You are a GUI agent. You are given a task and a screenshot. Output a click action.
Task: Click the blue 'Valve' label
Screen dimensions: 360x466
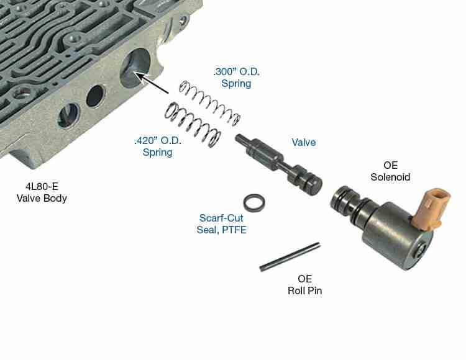(304, 143)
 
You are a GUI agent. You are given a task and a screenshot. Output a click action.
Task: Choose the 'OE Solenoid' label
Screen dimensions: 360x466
(390, 171)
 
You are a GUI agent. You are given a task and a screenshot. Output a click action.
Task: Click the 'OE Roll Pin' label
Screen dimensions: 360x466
(305, 284)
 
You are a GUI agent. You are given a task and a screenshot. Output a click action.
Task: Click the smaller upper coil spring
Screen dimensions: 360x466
(205, 99)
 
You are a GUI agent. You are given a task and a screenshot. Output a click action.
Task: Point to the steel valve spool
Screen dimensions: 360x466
(279, 162)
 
